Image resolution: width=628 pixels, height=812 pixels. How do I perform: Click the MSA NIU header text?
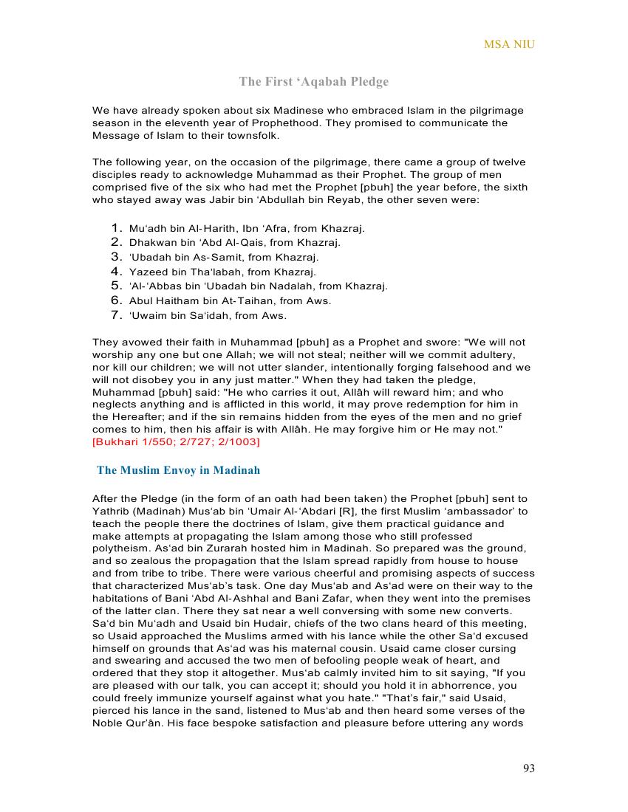click(x=509, y=44)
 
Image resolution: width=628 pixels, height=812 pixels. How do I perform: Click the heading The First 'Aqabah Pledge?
click(x=313, y=81)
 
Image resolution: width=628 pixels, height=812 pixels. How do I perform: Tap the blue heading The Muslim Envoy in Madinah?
click(x=178, y=470)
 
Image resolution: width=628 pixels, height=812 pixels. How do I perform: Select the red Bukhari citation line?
click(x=176, y=441)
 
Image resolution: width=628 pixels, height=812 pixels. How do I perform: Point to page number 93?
click(x=528, y=768)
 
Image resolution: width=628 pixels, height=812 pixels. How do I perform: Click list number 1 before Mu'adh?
click(x=116, y=228)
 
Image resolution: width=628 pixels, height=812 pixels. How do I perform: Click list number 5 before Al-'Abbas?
click(x=116, y=286)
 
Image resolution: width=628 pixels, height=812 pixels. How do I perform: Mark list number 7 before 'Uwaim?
click(x=116, y=315)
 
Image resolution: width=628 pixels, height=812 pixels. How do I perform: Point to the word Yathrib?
click(x=112, y=511)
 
